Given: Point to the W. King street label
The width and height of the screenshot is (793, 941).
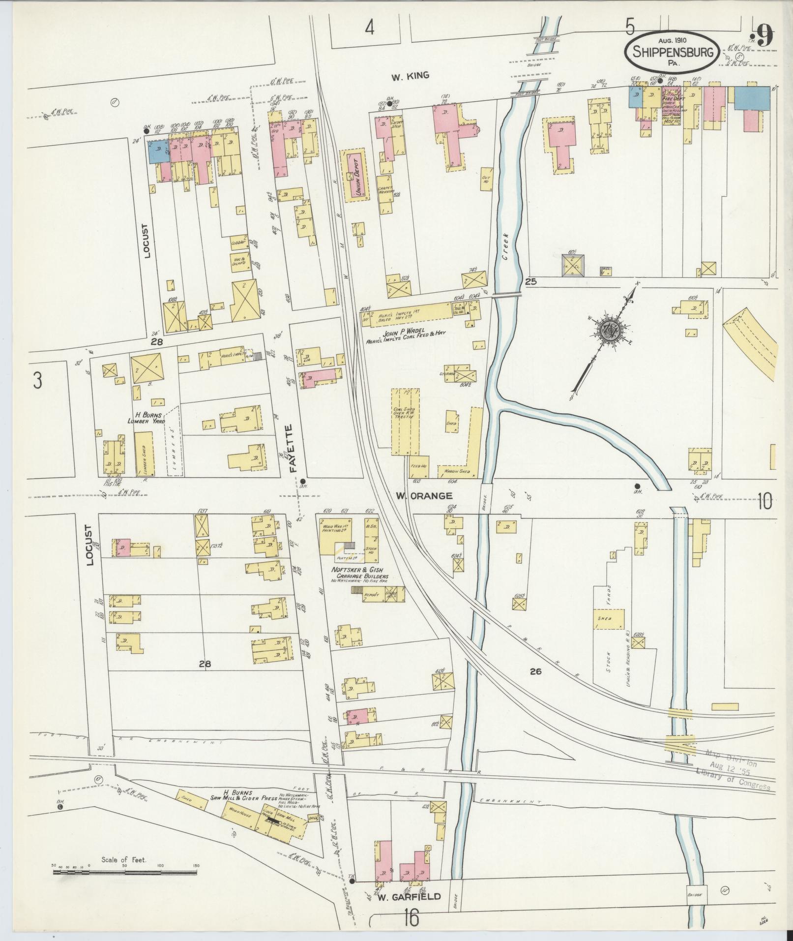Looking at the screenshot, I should click(410, 76).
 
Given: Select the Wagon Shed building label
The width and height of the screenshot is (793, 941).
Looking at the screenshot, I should click(457, 471).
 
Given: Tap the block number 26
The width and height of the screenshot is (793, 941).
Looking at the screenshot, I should click(535, 670).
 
